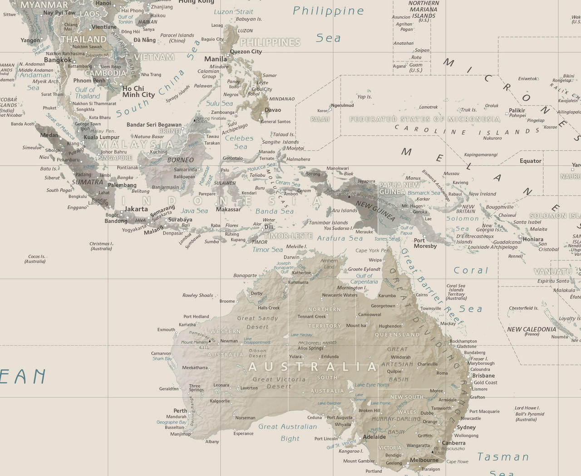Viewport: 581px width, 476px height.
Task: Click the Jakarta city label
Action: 136,209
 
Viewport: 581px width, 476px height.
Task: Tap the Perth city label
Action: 180,411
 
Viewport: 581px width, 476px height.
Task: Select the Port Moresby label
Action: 425,243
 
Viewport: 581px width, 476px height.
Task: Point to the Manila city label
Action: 216,59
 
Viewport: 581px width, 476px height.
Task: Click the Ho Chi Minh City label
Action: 138,92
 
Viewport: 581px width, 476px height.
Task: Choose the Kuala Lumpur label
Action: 102,137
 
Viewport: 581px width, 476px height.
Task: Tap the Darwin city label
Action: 291,257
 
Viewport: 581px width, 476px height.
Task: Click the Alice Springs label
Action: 310,348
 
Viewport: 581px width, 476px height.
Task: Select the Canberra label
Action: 453,443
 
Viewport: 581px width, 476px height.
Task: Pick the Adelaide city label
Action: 374,437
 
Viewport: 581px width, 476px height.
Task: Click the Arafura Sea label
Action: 340,238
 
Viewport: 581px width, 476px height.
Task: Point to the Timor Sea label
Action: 267,249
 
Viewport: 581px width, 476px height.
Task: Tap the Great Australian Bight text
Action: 288,432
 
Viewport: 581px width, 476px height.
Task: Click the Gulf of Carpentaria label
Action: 364,278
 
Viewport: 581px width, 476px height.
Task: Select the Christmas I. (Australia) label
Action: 101,246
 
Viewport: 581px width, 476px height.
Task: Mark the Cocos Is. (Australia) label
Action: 37,258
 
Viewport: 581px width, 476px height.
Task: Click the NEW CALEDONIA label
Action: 532,330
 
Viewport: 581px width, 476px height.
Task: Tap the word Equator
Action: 530,161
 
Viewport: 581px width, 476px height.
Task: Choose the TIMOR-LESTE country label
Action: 288,236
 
